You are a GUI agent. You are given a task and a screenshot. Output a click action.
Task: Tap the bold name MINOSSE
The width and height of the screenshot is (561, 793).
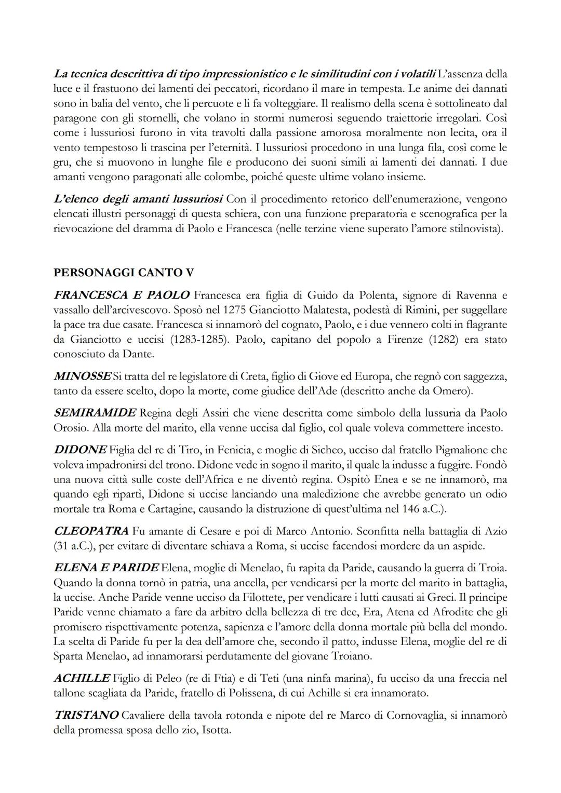click(x=82, y=376)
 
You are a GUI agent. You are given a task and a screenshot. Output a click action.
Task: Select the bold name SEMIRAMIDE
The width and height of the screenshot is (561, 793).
click(x=95, y=413)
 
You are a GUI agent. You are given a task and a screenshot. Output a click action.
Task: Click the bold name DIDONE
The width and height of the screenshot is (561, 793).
click(x=80, y=450)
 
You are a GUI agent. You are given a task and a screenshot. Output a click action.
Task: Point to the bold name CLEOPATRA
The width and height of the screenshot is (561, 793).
click(x=91, y=531)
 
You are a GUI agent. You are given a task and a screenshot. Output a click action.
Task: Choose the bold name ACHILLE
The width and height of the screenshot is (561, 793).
click(x=82, y=678)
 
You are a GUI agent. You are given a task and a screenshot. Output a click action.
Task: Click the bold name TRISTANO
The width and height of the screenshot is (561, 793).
click(x=86, y=716)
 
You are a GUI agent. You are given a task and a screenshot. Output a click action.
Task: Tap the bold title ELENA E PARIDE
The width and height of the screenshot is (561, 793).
click(x=106, y=568)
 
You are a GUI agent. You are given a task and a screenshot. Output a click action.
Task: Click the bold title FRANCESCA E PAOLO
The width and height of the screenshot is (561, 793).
click(x=122, y=295)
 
